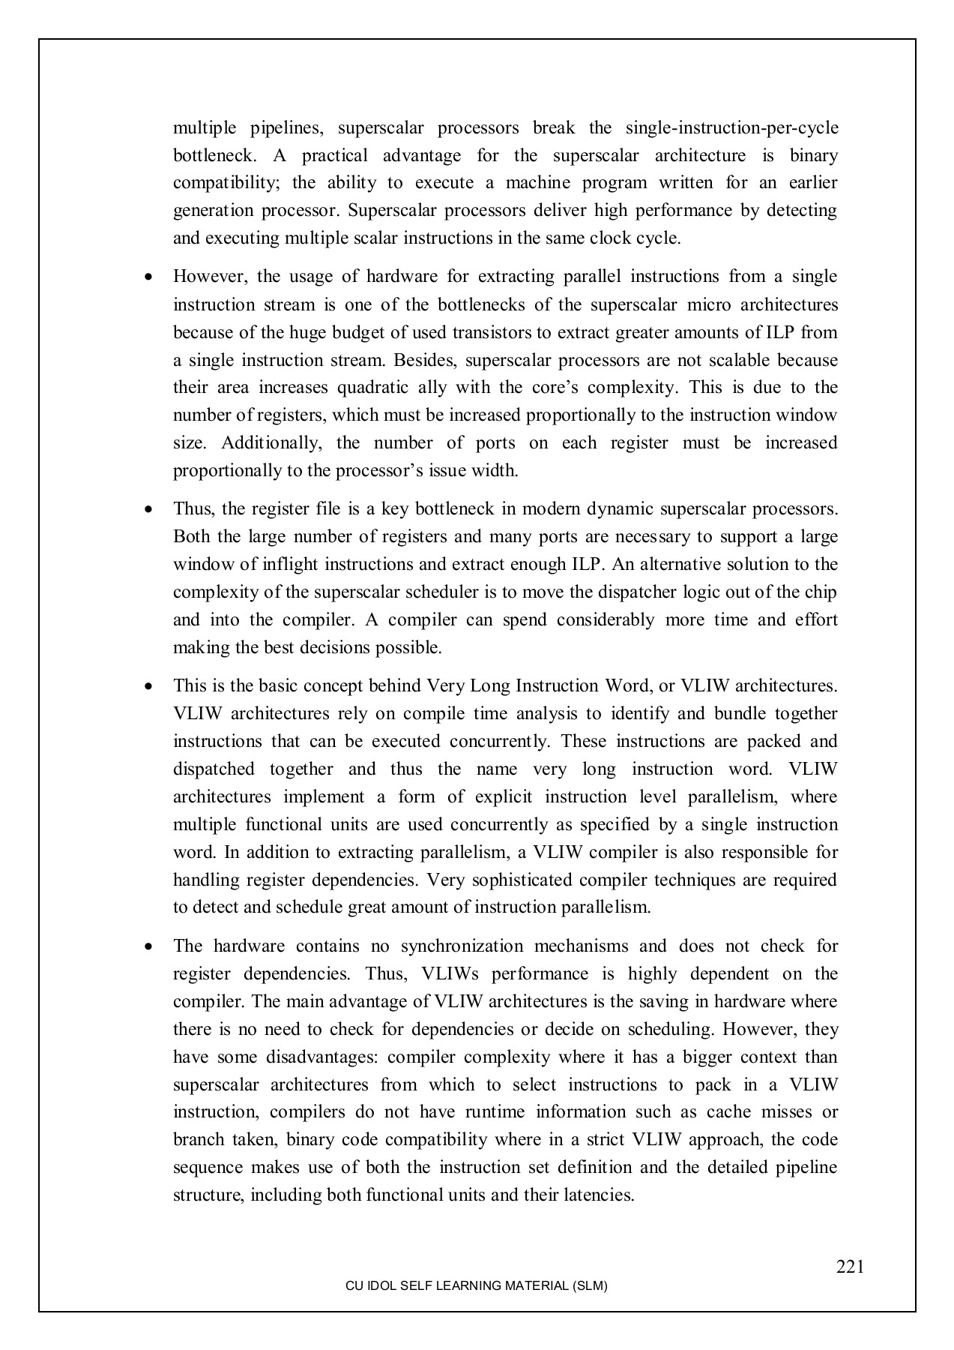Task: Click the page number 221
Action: [x=851, y=1267]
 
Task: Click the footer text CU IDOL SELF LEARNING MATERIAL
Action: [x=476, y=1285]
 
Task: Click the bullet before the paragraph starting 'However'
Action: [x=150, y=277]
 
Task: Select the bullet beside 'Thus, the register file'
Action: [x=150, y=509]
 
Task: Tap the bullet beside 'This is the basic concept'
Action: [x=150, y=686]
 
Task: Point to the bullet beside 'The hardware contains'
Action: [x=150, y=946]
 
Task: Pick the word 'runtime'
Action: [x=475, y=1111]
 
